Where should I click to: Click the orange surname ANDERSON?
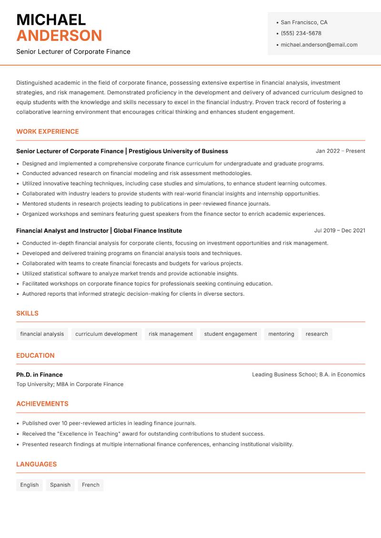[x=59, y=36]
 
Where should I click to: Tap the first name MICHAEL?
[x=51, y=20]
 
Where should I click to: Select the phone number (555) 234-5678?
[x=301, y=33]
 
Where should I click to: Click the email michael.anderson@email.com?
[x=319, y=45]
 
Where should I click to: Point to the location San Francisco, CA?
[x=304, y=22]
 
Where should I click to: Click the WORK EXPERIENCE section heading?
[x=47, y=131]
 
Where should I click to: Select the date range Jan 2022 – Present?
[x=340, y=151]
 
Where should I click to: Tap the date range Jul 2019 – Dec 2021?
[x=339, y=230]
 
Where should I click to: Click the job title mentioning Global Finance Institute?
[x=99, y=230]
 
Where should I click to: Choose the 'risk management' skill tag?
[x=170, y=334]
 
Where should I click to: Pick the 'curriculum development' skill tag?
[x=106, y=334]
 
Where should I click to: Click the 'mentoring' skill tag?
[x=281, y=334]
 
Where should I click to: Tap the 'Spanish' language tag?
[x=60, y=485]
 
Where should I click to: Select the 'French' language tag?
[x=90, y=485]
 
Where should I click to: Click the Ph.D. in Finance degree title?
[x=40, y=375]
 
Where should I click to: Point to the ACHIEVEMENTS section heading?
[x=42, y=404]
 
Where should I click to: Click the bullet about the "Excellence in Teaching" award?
[x=143, y=434]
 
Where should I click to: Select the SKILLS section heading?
[x=27, y=313]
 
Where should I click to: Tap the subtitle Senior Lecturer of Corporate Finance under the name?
[x=73, y=51]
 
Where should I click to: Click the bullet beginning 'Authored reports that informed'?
[x=133, y=294]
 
